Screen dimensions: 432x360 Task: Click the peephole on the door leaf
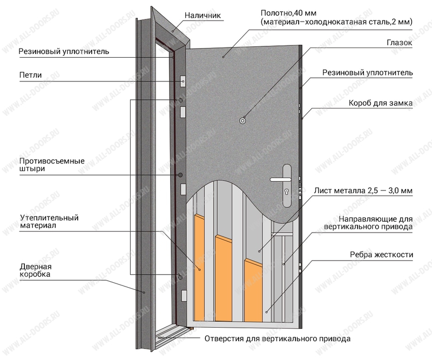[x=242, y=121]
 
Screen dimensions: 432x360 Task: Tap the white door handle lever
[x=280, y=180]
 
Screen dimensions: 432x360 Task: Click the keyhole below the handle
[x=287, y=191]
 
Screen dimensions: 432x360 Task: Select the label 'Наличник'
[x=202, y=15]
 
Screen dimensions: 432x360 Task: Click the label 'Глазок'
[x=400, y=43]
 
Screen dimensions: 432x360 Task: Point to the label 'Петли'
[x=30, y=75]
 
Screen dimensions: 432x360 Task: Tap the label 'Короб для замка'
[x=381, y=103]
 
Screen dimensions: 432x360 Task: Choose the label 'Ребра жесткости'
[x=381, y=255]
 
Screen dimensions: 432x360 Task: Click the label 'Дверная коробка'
[x=36, y=270]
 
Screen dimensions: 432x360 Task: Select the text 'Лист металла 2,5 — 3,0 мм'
[x=363, y=191]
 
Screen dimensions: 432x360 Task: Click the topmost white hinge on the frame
[x=183, y=81]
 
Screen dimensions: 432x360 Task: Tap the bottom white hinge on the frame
[x=184, y=296]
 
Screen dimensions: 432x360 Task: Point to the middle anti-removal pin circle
[x=180, y=175]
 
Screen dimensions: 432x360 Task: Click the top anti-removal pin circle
[x=180, y=100]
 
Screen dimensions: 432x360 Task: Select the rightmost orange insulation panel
[x=253, y=290]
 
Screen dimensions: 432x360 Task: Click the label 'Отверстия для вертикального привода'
[x=278, y=338]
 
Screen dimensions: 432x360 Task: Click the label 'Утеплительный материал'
[x=49, y=221]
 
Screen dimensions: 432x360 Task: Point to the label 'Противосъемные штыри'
[x=52, y=165]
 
